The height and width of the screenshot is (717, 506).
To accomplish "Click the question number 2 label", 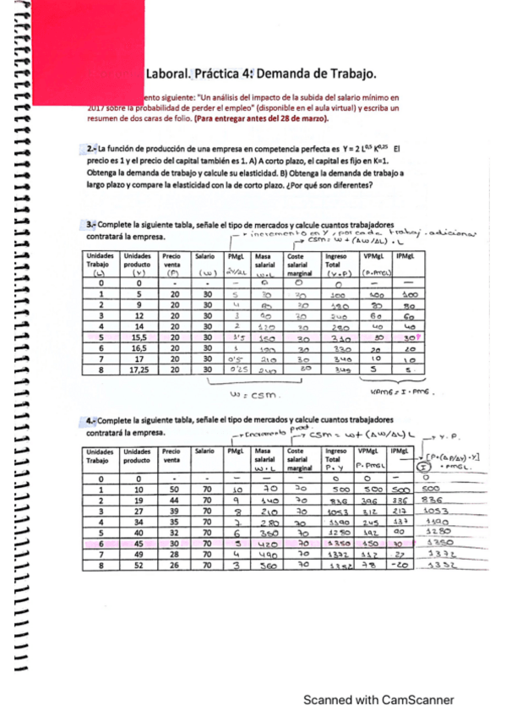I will click(x=91, y=149).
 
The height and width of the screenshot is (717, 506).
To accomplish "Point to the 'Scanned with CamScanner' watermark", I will click(x=379, y=700).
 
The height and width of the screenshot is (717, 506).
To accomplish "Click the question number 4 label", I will click(x=90, y=420).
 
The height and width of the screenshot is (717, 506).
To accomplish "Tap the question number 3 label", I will click(x=90, y=225).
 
